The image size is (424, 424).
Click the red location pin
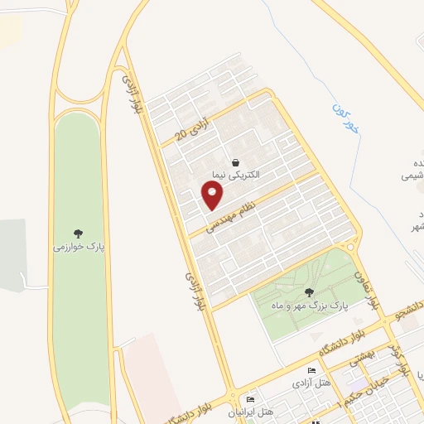[213, 195]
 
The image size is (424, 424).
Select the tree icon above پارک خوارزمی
[78, 233]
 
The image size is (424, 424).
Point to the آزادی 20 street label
[190, 128]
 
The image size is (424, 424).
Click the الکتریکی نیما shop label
[235, 175]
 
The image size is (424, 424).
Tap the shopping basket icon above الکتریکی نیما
[236, 162]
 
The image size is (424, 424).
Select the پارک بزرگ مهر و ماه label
[311, 305]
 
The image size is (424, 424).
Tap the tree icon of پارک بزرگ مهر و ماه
[310, 291]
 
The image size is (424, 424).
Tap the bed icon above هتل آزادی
[311, 370]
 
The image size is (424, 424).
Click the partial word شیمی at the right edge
[412, 176]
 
